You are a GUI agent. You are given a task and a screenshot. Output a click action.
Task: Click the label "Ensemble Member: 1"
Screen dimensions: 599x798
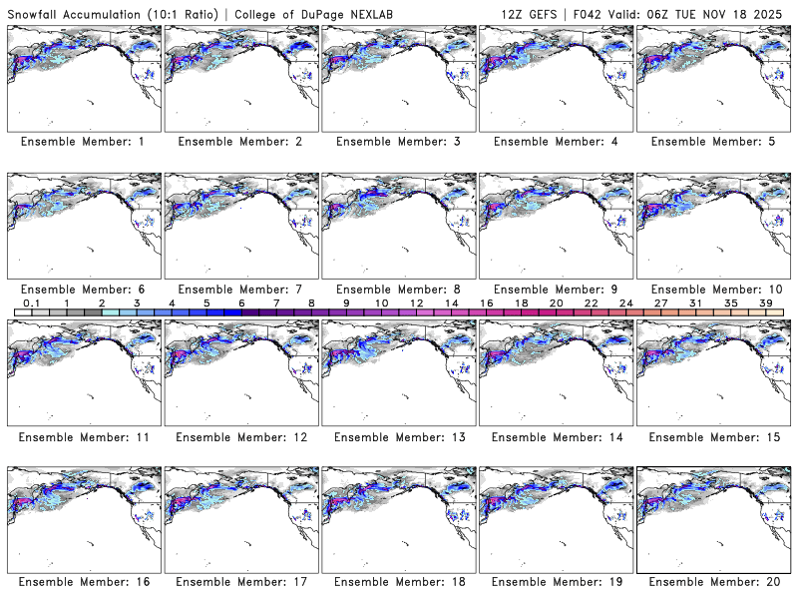pyautogui.click(x=83, y=142)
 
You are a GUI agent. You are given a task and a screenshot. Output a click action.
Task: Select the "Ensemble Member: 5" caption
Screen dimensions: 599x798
pyautogui.click(x=713, y=142)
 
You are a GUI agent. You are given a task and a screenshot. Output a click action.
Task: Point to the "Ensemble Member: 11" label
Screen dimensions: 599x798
pyautogui.click(x=83, y=437)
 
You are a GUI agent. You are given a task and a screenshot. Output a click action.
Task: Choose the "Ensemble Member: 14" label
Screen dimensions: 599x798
pyautogui.click(x=556, y=437)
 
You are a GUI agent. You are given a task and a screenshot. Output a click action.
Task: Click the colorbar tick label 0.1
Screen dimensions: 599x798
pyautogui.click(x=31, y=301)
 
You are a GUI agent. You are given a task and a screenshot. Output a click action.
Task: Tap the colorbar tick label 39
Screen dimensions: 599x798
pyautogui.click(x=766, y=301)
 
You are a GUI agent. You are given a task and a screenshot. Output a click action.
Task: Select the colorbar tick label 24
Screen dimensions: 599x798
pyautogui.click(x=625, y=301)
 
